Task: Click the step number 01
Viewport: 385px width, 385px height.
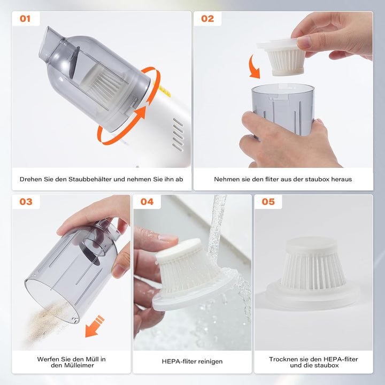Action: pyautogui.click(x=25, y=19)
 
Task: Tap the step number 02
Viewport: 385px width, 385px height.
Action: pyautogui.click(x=207, y=19)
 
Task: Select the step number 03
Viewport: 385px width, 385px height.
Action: pyautogui.click(x=26, y=202)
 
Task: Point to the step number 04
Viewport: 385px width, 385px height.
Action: pyautogui.click(x=147, y=202)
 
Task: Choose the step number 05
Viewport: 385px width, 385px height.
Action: pyautogui.click(x=268, y=202)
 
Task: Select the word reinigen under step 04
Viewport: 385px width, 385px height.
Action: pyautogui.click(x=210, y=361)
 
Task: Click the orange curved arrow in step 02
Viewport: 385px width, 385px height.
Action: pyautogui.click(x=253, y=67)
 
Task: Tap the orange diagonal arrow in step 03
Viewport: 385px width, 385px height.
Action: pyautogui.click(x=95, y=326)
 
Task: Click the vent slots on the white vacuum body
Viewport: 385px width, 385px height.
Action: pyautogui.click(x=178, y=135)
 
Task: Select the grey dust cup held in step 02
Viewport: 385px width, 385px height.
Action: pyautogui.click(x=283, y=110)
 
